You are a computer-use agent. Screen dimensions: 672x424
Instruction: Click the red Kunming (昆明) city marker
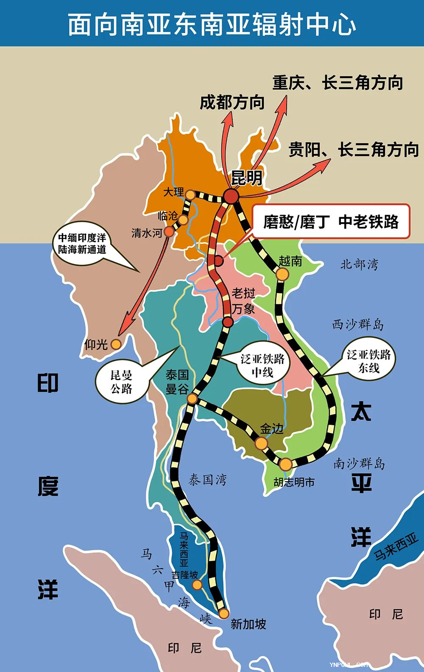[x=232, y=196]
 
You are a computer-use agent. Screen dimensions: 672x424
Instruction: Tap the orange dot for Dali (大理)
[x=191, y=195]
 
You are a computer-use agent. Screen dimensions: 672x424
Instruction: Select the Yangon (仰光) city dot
[x=116, y=344]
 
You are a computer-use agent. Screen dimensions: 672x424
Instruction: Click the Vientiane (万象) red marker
[x=228, y=322]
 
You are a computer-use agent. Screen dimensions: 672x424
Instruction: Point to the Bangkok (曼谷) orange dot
[x=192, y=398]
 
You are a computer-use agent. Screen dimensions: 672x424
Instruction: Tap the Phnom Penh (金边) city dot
[x=261, y=443]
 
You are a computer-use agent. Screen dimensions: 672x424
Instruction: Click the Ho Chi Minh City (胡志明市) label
[x=294, y=482]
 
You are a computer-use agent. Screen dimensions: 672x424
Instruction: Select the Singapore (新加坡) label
[x=248, y=624]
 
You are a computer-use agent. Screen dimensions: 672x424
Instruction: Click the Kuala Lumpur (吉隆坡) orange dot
[x=197, y=585]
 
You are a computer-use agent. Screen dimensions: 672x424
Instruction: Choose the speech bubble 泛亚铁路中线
[x=262, y=366]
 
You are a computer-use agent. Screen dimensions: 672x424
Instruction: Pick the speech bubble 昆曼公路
[x=121, y=382]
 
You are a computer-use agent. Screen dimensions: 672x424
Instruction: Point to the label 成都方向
[x=232, y=103]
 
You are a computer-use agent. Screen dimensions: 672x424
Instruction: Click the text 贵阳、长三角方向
[x=353, y=150]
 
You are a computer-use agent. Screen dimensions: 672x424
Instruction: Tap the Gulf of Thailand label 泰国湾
[x=207, y=480]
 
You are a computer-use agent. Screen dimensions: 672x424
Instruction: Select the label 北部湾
[x=359, y=264]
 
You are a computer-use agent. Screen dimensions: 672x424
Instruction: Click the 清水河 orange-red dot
[x=169, y=232]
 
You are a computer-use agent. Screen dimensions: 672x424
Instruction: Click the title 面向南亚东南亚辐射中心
[x=212, y=24]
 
